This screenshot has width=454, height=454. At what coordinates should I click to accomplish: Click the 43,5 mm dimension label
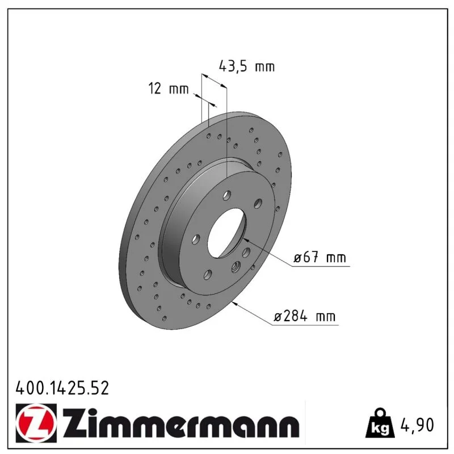[247, 66]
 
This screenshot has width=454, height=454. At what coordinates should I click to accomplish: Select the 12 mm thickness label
[169, 89]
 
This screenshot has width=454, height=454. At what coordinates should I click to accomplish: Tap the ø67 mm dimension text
[320, 257]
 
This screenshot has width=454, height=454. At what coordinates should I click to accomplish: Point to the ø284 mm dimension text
[305, 316]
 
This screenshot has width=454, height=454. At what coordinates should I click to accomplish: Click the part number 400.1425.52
[62, 388]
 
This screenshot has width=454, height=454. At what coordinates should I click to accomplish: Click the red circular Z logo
[35, 422]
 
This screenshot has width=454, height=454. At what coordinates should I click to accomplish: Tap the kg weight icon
[380, 423]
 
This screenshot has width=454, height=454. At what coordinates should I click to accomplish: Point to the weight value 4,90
[417, 425]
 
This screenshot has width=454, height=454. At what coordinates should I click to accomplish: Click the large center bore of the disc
[226, 233]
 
